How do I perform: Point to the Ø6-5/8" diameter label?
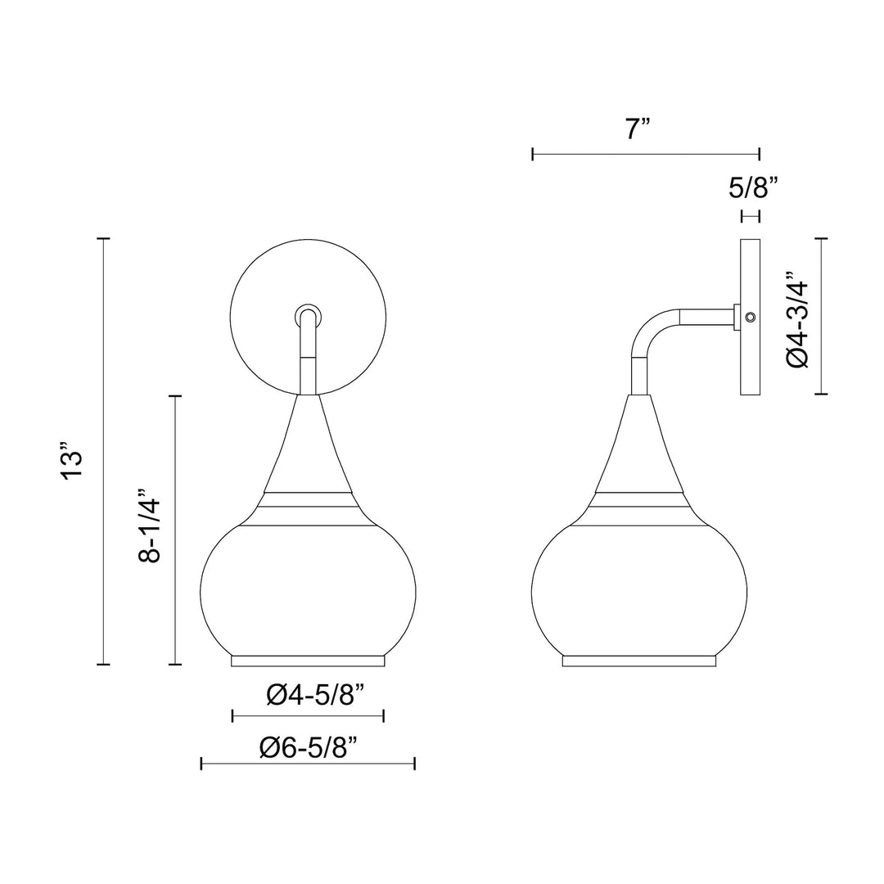309,746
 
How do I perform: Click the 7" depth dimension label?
637,129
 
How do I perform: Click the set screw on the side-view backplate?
751,317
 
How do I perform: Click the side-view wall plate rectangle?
751,360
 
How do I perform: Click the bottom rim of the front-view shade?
309,660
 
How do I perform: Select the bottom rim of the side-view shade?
638,660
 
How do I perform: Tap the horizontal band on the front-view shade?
309,501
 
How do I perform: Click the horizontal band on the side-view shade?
638,501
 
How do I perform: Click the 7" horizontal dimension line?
646,153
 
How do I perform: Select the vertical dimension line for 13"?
103,450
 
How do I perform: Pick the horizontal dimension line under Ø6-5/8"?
309,764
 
